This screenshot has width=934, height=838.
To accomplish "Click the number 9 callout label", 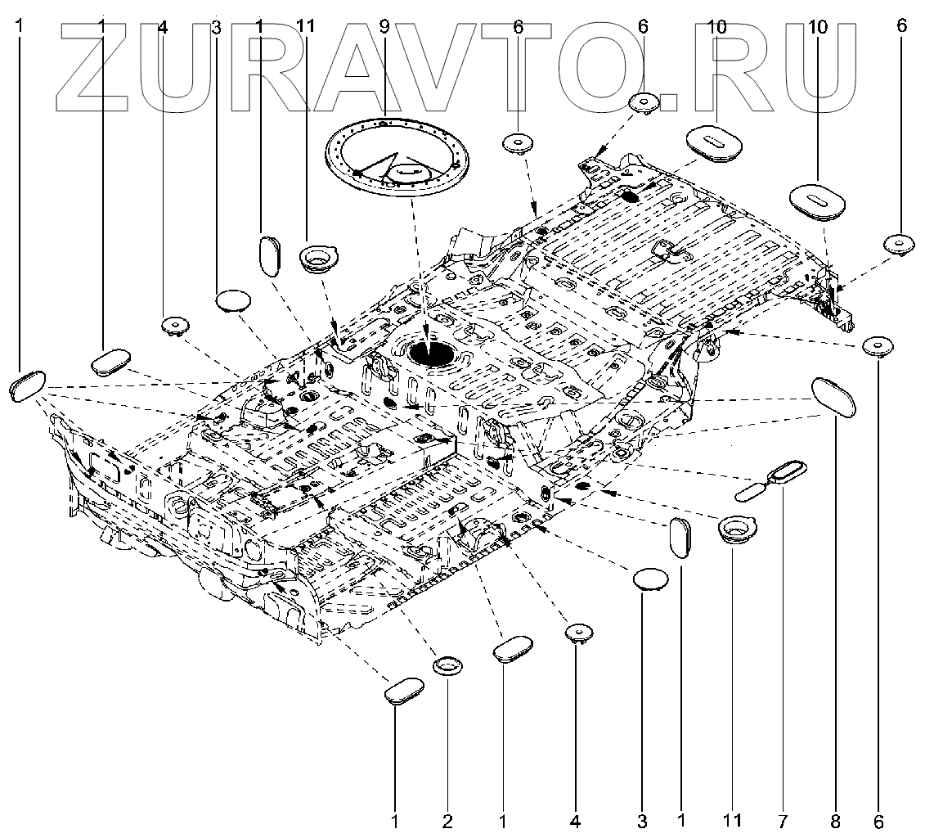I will coord(384,27).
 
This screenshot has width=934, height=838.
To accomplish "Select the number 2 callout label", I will coord(448,819).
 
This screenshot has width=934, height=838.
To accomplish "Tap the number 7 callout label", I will coord(784,819).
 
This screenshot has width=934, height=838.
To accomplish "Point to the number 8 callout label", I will coord(836,819).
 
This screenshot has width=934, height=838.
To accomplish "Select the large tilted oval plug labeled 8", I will coord(833,399).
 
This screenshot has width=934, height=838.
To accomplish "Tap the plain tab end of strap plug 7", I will coord(750,491).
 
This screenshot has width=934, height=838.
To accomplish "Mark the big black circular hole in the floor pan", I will coord(432,354).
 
